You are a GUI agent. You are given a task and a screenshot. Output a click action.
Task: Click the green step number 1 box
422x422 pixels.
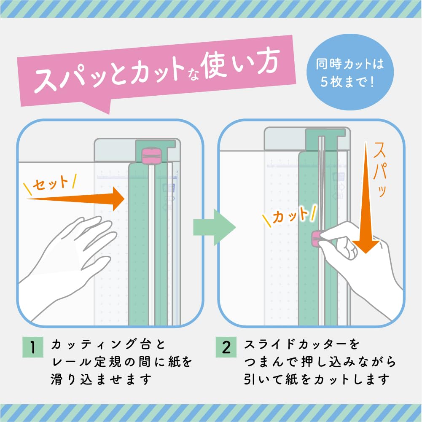(x=33, y=347)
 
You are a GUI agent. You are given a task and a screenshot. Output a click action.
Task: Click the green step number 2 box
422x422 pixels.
(x=226, y=347)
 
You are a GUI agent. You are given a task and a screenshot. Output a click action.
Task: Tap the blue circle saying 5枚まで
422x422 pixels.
(x=350, y=72)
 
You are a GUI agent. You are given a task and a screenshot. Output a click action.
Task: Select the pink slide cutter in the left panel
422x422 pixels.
(x=151, y=155)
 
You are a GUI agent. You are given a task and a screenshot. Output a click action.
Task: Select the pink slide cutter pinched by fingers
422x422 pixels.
(x=316, y=239)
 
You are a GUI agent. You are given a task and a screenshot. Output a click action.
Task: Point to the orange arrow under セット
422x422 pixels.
(x=75, y=199)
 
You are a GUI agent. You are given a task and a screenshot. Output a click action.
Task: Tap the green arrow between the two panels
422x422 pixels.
(x=215, y=227)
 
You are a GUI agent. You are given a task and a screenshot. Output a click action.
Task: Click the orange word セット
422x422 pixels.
(x=50, y=183)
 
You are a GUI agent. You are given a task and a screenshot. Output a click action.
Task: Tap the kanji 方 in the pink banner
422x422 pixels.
(x=268, y=62)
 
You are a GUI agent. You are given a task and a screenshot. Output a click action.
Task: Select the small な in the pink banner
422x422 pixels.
(x=193, y=75)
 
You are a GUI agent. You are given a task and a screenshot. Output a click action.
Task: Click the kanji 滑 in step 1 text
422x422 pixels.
(x=57, y=379)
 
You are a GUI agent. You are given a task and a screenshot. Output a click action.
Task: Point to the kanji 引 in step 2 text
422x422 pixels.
(x=250, y=379)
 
